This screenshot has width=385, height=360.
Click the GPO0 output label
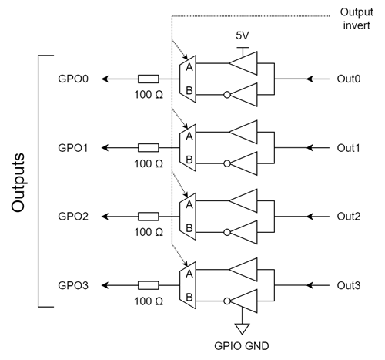coord(73,79)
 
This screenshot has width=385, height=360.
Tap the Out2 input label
coord(349,217)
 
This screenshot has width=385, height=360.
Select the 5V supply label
coord(243,35)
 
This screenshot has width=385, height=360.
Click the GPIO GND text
coord(242,346)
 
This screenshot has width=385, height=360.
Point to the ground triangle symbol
coord(242,328)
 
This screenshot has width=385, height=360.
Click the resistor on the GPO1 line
coord(149,148)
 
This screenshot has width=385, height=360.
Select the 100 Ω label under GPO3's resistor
coord(149,301)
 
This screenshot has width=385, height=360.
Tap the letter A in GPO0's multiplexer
coord(189,67)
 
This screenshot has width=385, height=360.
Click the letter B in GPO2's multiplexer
coord(189,228)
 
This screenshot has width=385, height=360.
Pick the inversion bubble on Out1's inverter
coord(227,163)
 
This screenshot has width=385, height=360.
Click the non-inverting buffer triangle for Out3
coord(243,270)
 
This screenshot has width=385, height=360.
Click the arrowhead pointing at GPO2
coord(105,217)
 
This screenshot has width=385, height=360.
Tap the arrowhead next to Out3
coord(310,285)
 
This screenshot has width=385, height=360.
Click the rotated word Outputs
coord(18,183)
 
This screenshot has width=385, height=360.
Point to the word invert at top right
coord(357,25)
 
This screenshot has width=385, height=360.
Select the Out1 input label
coord(348,148)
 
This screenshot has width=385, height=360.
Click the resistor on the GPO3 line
coord(149,285)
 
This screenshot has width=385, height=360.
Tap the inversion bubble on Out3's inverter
coord(227,301)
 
